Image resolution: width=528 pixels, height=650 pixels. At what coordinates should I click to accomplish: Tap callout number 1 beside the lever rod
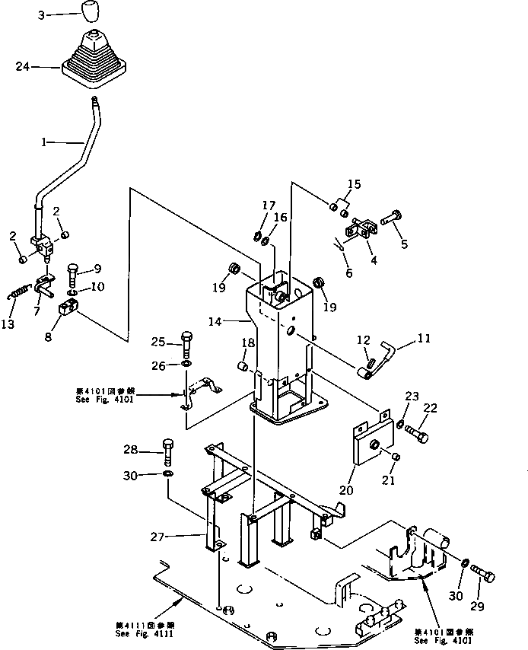tap(44, 142)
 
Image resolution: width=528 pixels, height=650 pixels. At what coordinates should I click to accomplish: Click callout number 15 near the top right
tap(355, 183)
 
